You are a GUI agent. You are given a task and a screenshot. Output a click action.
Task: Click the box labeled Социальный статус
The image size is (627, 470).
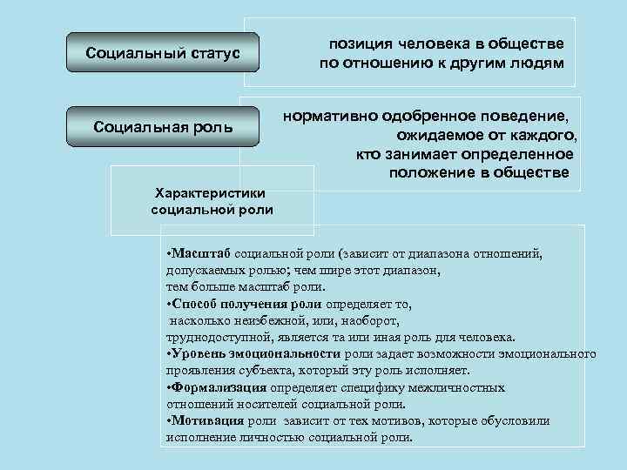pyautogui.click(x=162, y=54)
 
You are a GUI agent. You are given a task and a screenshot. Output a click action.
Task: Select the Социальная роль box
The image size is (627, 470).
pyautogui.click(x=162, y=128)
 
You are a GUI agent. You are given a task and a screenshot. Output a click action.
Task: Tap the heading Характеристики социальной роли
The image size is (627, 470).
pyautogui.click(x=212, y=201)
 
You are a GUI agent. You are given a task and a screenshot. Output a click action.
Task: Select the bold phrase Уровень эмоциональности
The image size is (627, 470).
pyautogui.click(x=256, y=354)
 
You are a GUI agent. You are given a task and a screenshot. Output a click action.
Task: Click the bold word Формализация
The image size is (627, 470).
pyautogui.click(x=219, y=387)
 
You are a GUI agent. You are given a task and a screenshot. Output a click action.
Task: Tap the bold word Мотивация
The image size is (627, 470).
pyautogui.click(x=208, y=420)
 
